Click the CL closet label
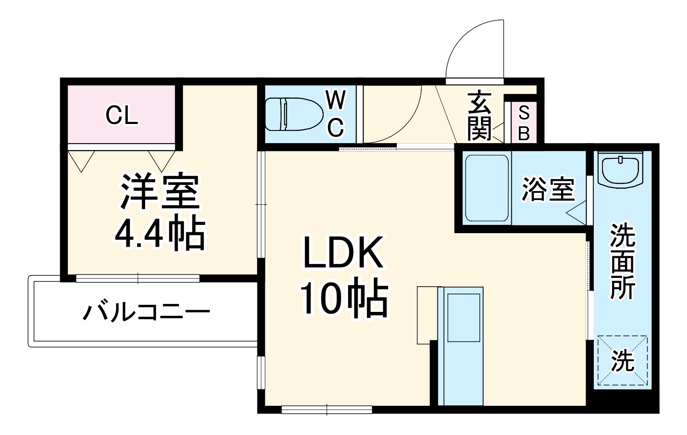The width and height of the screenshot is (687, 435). coord(122,116)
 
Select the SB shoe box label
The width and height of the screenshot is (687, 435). coord(524,124)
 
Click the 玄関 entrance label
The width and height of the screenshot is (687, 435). coord(480,116)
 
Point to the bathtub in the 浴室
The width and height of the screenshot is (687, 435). coord(487,188)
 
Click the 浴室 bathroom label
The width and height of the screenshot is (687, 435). coord(548,189)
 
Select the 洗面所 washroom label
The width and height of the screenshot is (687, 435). coord(622,261)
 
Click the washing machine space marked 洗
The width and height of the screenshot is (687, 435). coord(622,360)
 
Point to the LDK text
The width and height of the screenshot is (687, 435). coord(343,252)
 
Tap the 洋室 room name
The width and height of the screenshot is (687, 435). coord(159,191)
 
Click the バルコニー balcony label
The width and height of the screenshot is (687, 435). coord(146,312)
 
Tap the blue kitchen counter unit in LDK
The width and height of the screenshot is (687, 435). coord(460,346)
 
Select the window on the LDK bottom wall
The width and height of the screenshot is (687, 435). coord(327,409)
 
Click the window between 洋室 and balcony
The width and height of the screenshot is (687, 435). coord(138,278)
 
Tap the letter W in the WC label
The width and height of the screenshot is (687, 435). coord(335,101)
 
